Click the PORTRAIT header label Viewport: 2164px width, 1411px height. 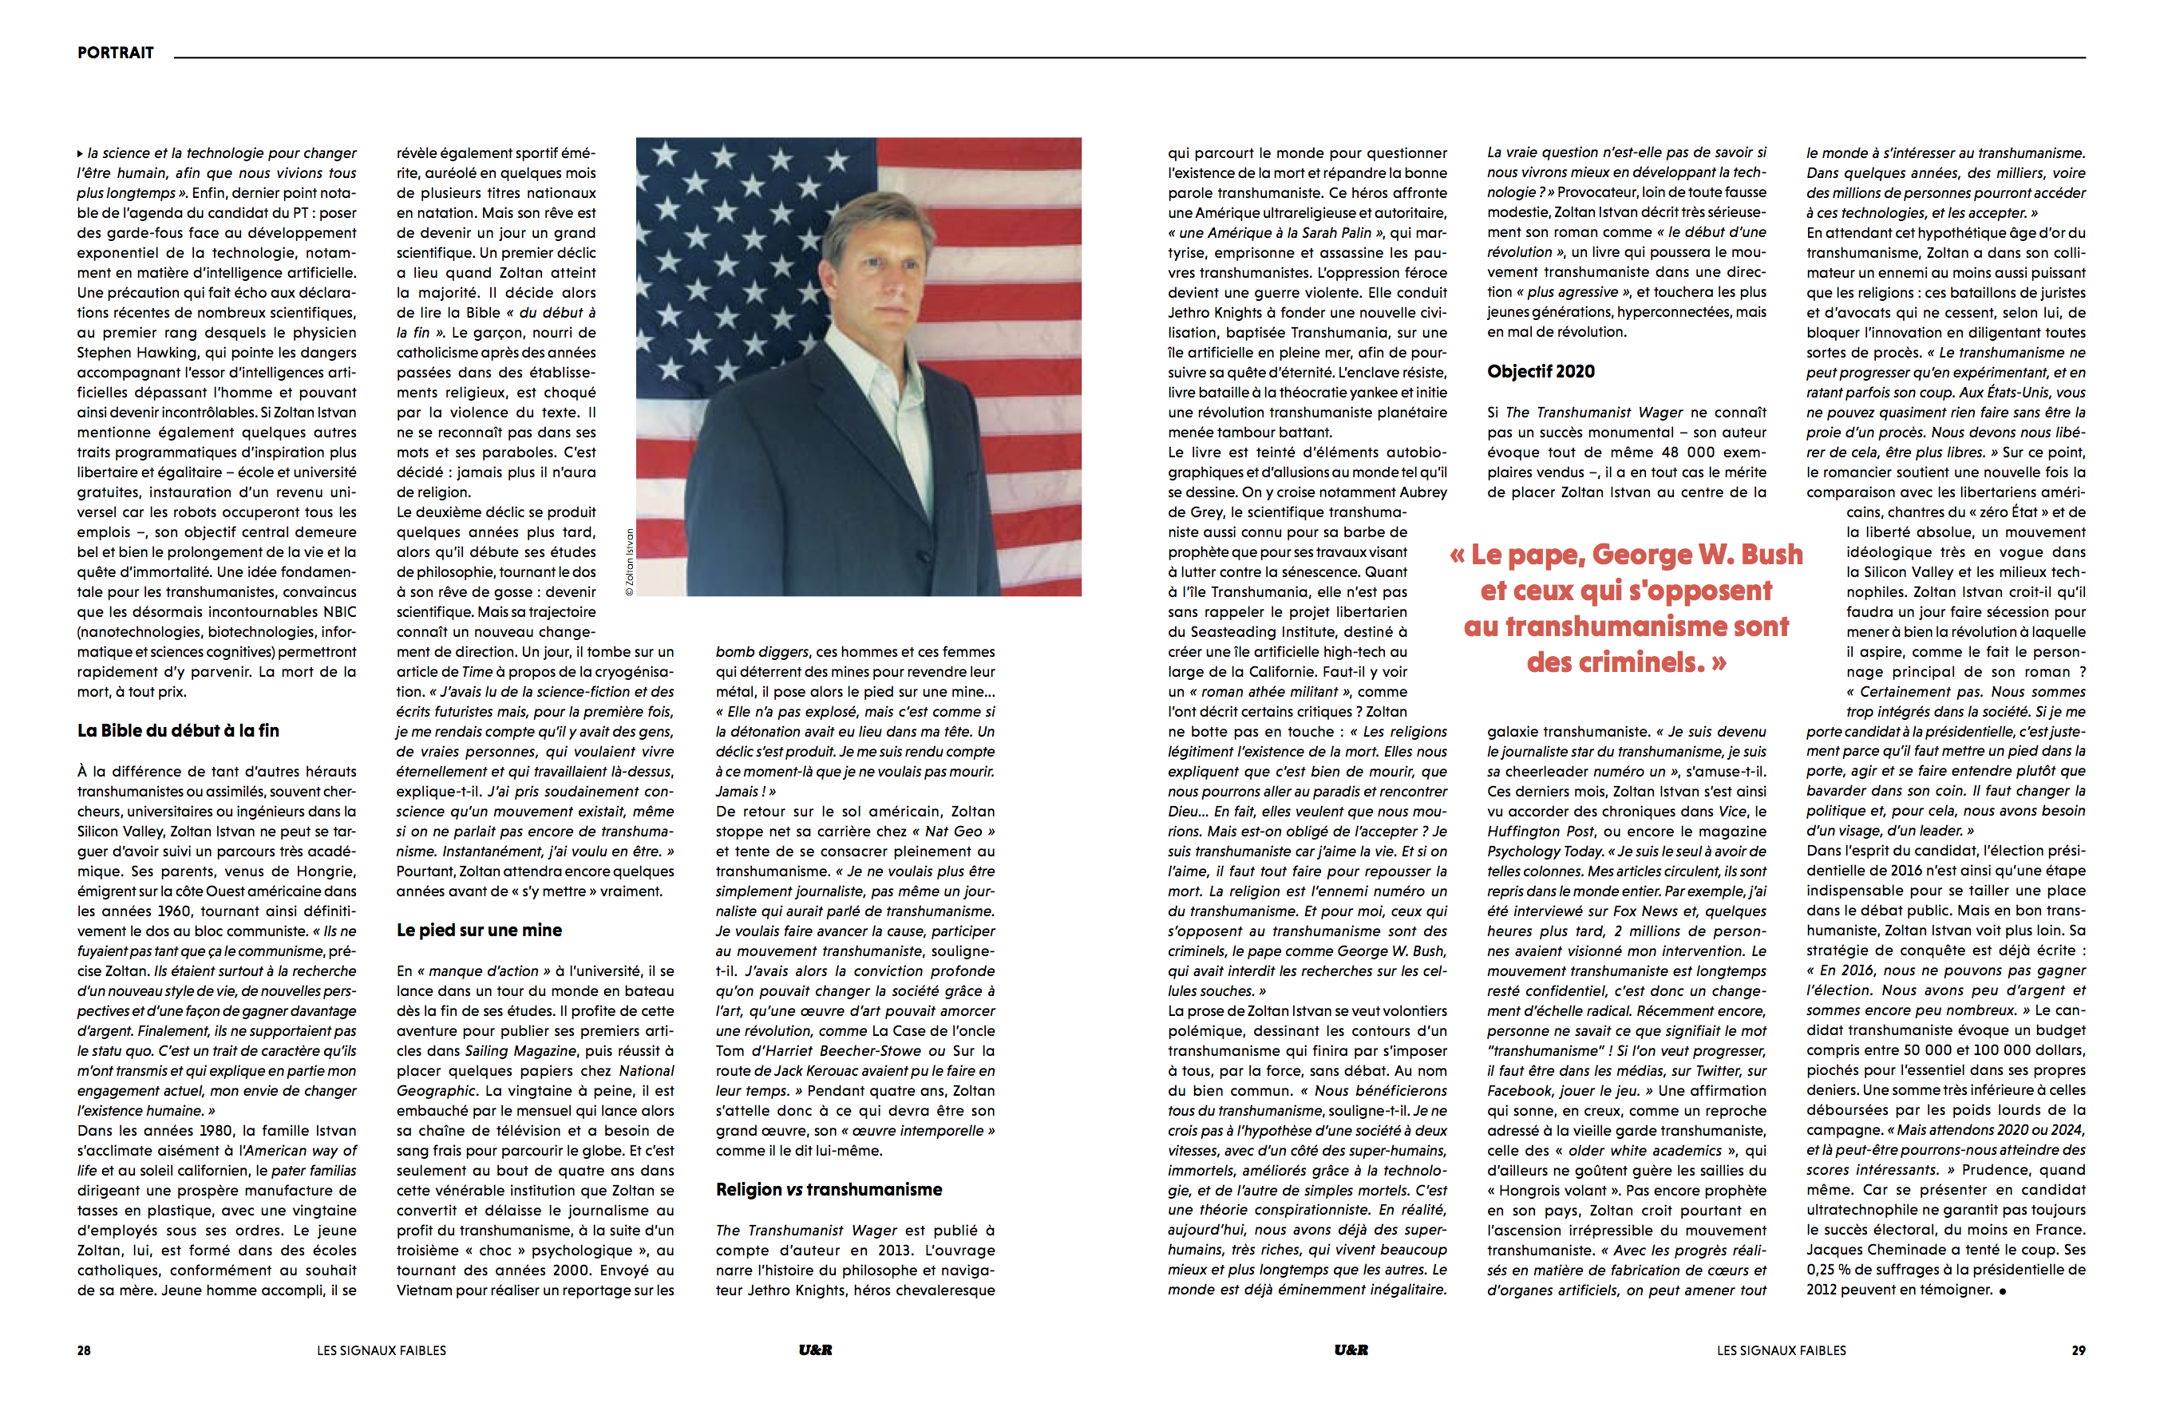click(116, 53)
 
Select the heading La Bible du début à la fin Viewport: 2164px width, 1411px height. click(178, 731)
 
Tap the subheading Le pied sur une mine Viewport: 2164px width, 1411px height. click(479, 930)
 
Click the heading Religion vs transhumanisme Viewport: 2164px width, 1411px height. click(829, 1189)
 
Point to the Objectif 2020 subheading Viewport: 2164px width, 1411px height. click(1541, 371)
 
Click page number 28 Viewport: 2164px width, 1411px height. click(84, 1351)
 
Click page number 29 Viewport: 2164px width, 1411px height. click(2078, 1351)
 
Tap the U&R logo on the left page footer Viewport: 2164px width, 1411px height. click(816, 1350)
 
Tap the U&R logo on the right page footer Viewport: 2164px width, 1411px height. click(1351, 1350)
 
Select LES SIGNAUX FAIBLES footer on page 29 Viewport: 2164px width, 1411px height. click(1781, 1351)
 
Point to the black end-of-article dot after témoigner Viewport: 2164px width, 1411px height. click(2002, 1291)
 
